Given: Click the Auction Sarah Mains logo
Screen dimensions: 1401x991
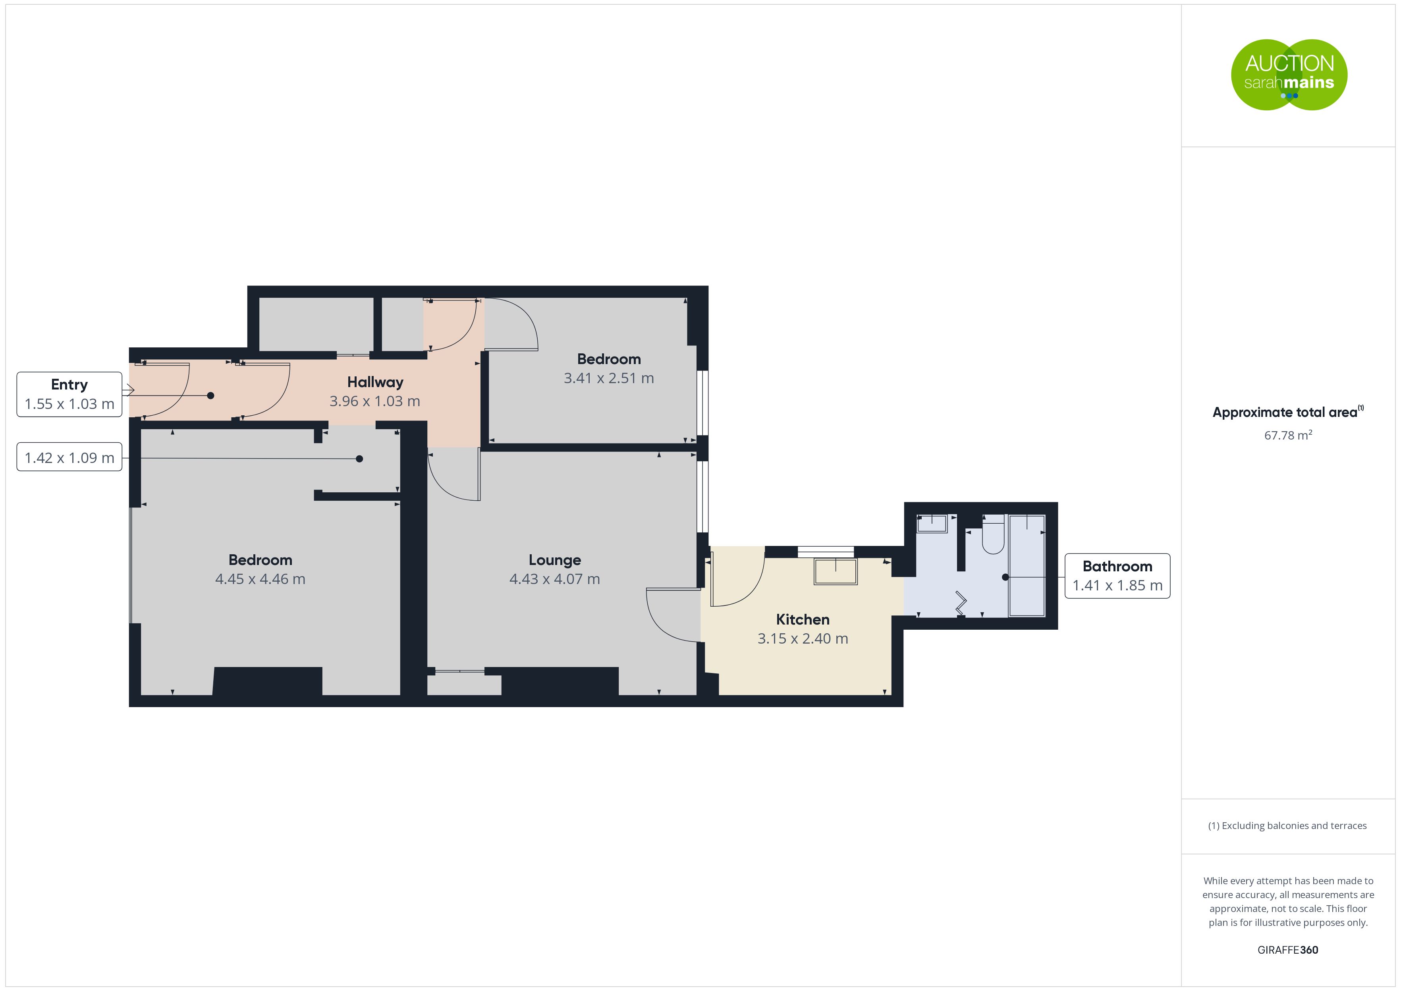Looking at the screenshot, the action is [x=1289, y=75].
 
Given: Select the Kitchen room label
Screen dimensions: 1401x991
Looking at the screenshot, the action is [x=803, y=619].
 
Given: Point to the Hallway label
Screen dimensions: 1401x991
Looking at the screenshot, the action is [x=375, y=382].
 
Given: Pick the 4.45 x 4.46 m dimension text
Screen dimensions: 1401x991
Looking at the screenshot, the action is [x=260, y=579].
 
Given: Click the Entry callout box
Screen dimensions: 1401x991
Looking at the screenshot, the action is [x=69, y=394].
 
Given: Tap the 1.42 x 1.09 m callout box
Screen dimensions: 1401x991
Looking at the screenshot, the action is [x=69, y=457].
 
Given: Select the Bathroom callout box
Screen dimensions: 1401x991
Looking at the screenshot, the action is [x=1117, y=575].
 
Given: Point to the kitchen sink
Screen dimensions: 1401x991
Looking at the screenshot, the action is [x=836, y=571].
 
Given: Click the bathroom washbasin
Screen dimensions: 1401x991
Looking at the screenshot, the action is [x=932, y=524].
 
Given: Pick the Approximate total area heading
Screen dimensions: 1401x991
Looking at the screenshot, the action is [x=1288, y=412].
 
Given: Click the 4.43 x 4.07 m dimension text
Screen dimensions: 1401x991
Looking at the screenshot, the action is [x=555, y=579].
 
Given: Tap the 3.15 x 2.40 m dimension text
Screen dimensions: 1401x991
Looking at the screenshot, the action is [x=803, y=638].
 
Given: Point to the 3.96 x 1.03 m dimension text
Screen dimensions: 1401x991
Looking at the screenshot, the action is [x=374, y=401].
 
